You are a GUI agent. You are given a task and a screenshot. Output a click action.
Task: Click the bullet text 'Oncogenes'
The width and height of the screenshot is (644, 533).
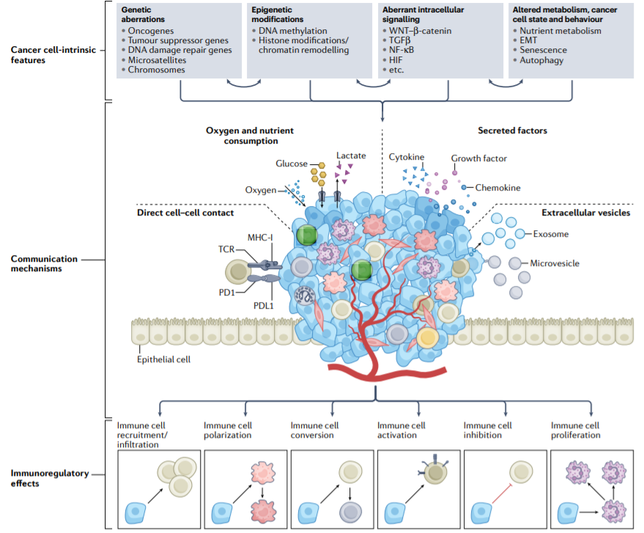coord(151,31)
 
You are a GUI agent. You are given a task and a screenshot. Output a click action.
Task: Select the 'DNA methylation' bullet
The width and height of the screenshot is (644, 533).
coord(293,31)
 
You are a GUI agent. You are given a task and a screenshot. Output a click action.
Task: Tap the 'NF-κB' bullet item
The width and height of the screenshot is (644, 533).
coord(401,50)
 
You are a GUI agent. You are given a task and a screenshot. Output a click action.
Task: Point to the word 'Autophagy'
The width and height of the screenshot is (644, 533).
coord(541,60)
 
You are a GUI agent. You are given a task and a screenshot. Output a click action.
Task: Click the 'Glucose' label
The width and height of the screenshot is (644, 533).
coord(292,163)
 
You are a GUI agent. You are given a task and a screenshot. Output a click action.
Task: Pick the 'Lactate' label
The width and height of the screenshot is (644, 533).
coord(351,155)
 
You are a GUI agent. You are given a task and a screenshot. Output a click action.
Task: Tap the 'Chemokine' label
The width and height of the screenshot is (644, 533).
coord(497,188)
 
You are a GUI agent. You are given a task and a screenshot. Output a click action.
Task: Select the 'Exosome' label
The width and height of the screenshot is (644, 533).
coord(551,234)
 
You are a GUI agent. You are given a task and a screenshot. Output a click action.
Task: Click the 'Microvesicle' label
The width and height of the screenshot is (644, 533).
coord(555,263)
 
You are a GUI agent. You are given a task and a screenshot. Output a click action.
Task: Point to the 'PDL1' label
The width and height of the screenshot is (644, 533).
coord(263,306)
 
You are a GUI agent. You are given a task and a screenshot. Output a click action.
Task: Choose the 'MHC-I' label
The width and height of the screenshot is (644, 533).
coord(260,238)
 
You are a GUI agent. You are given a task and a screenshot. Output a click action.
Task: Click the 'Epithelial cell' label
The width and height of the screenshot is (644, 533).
coord(163,359)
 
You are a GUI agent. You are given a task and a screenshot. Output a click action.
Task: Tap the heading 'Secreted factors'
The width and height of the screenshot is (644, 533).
coord(512,131)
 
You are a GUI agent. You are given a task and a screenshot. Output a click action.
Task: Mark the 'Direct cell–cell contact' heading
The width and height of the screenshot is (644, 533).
coord(185,213)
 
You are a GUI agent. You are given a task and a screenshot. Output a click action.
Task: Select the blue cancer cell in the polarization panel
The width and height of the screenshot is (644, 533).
coord(222,513)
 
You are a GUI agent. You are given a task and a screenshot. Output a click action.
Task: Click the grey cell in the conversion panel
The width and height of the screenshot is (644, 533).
coord(350,512)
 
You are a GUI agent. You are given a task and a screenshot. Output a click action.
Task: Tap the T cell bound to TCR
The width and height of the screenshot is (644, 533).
coord(238,272)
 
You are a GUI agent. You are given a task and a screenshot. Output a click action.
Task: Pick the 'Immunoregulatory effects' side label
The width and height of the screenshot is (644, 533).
coord(50,478)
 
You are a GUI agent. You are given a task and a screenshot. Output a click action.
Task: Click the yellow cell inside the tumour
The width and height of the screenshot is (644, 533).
coord(428,338)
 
